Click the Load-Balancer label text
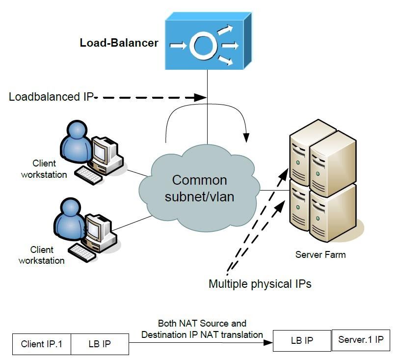[119, 43]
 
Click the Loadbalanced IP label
[51, 97]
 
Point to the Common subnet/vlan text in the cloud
[199, 189]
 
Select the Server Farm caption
[320, 254]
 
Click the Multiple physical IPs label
[260, 284]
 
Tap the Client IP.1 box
[42, 344]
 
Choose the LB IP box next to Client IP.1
[99, 344]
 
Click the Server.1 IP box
[361, 340]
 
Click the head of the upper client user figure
[78, 132]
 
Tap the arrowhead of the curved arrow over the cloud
[246, 135]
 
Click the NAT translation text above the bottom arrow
[202, 329]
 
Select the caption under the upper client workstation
[44, 168]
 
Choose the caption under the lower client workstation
[42, 255]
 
